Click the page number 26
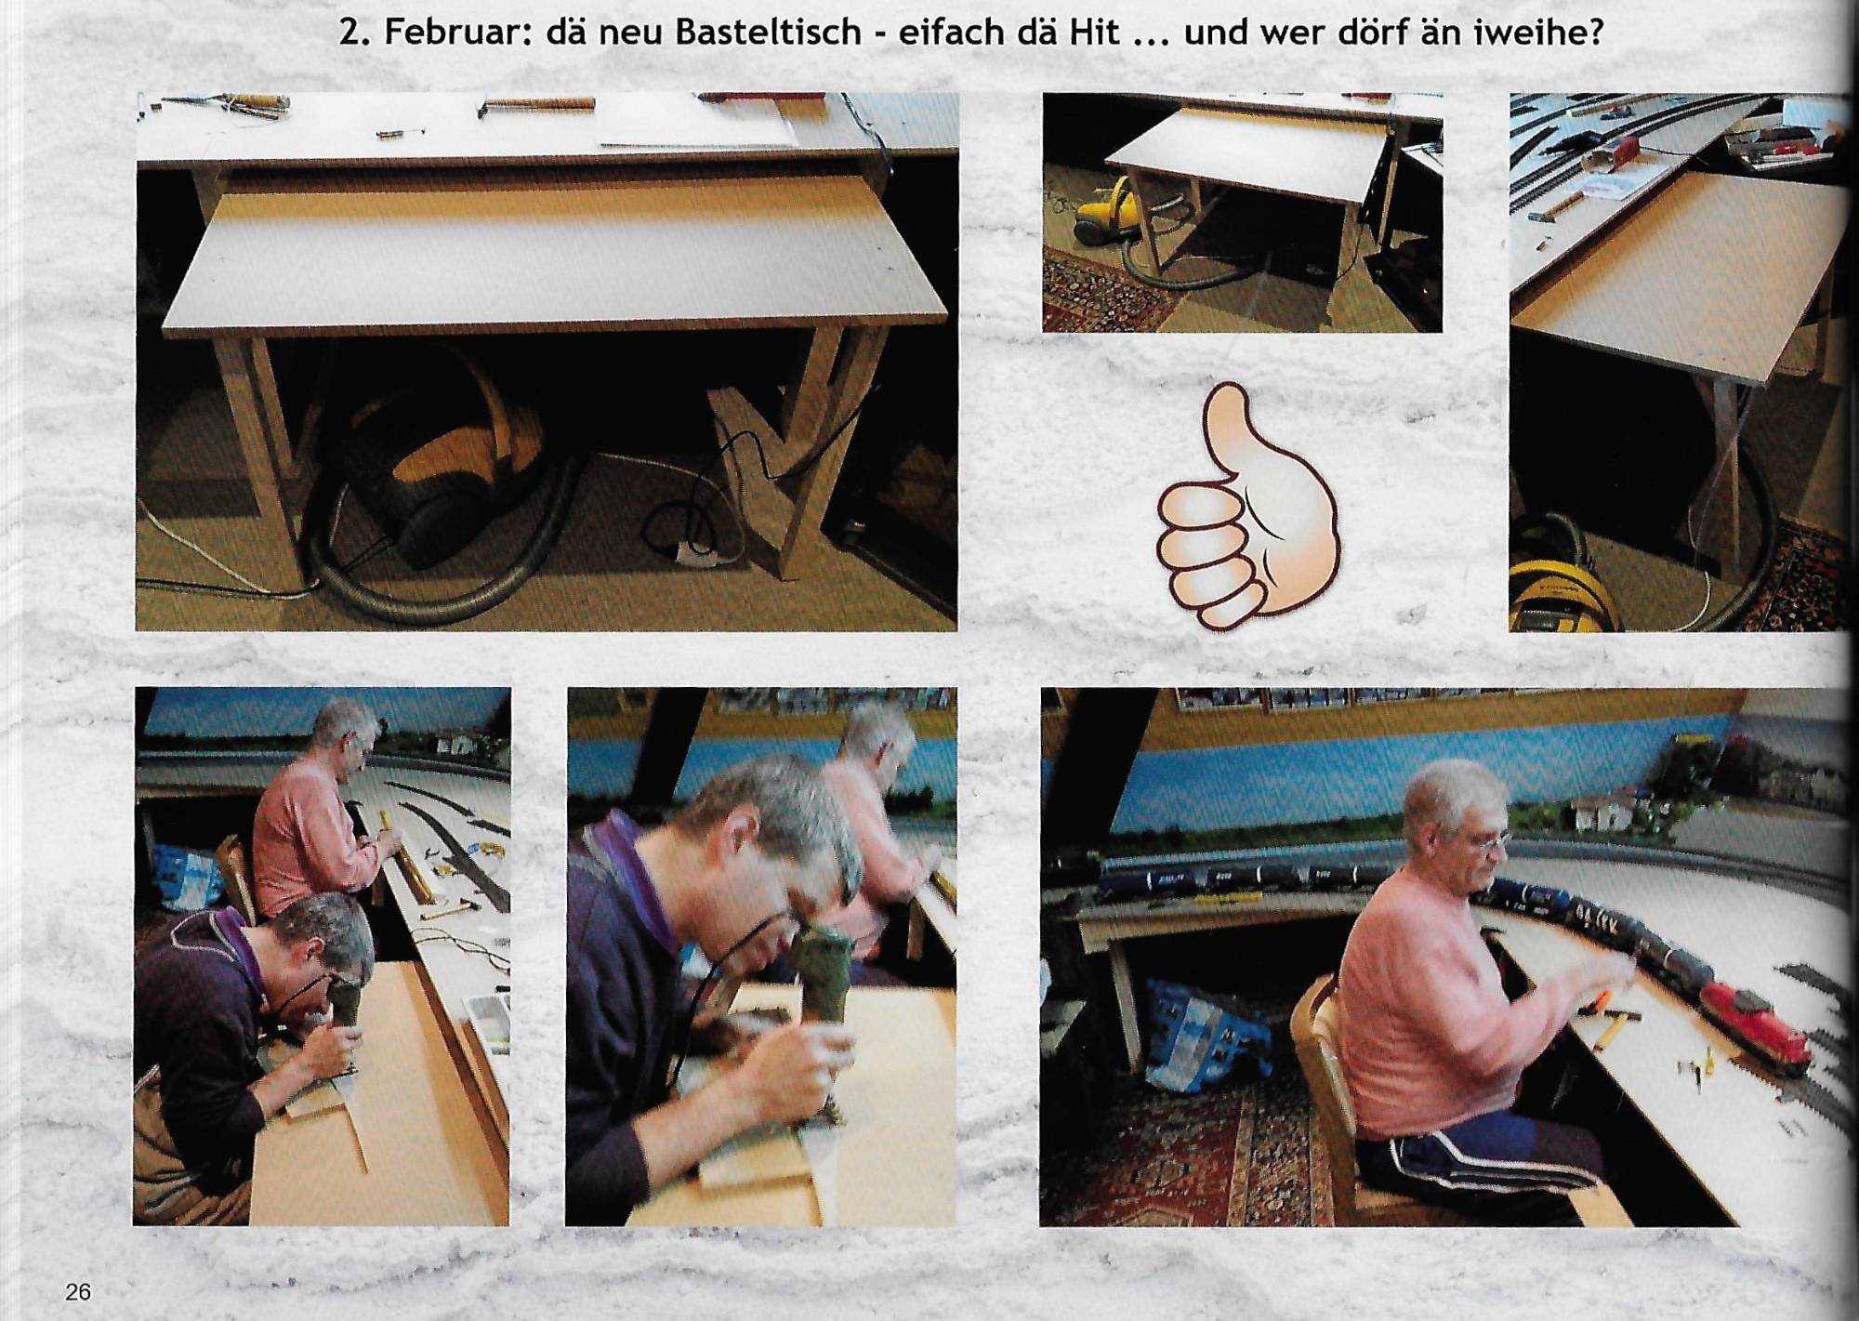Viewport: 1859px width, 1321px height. point(78,1291)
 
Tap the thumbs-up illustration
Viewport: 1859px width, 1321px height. point(1247,508)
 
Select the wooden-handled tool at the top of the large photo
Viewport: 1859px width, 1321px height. point(539,103)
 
